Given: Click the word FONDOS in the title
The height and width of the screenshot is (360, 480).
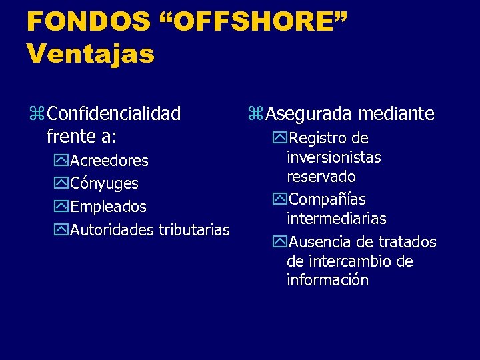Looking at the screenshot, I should click(89, 21).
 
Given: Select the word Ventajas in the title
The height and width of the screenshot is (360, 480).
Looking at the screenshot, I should click(91, 53).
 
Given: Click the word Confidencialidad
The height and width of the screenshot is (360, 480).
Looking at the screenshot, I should click(115, 114).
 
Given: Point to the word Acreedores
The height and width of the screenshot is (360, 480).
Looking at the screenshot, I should click(109, 161).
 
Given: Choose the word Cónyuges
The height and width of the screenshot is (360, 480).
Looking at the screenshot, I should click(104, 183).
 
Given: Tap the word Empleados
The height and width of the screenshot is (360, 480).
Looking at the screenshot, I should click(108, 207).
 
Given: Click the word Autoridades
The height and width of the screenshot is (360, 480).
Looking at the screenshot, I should click(112, 230).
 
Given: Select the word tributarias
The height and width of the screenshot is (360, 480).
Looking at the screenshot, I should click(193, 230).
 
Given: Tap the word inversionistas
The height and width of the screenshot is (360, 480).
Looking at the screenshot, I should click(334, 157).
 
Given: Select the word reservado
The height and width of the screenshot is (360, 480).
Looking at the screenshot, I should click(321, 177).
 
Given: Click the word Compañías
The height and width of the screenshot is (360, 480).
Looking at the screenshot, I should click(327, 199).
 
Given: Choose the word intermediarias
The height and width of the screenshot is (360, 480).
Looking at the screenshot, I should click(337, 219).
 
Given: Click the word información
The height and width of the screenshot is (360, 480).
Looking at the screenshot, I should click(327, 280).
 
